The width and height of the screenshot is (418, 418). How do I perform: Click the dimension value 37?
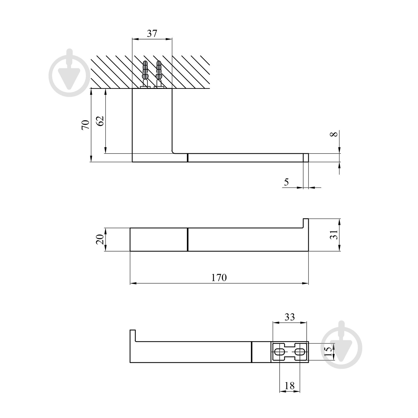tap(152, 33)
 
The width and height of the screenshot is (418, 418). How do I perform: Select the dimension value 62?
tap(100, 120)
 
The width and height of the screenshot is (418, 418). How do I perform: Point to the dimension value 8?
tap(335, 134)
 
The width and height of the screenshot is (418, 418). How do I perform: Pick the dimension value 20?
tap(100, 240)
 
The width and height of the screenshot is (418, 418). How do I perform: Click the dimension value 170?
tap(219, 278)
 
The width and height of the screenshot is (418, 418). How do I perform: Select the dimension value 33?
tap(289, 317)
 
